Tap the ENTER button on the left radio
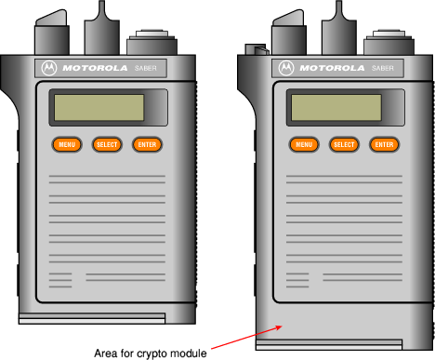(x=147, y=144)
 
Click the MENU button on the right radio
(x=304, y=144)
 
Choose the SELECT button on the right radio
(x=344, y=144)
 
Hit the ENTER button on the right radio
(x=384, y=144)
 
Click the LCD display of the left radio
(x=99, y=108)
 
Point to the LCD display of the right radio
(x=336, y=108)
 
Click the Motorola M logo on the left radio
(x=49, y=68)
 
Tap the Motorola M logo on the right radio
(x=286, y=68)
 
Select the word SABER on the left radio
(x=146, y=68)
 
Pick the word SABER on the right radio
(x=383, y=68)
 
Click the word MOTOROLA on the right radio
(x=332, y=68)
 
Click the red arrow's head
(x=279, y=327)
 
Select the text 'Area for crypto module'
(x=151, y=353)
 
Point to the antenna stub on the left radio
(x=102, y=28)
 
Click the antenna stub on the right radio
(x=339, y=28)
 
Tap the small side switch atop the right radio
(x=256, y=49)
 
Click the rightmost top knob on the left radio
(x=152, y=43)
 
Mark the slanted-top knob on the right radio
(x=289, y=33)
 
